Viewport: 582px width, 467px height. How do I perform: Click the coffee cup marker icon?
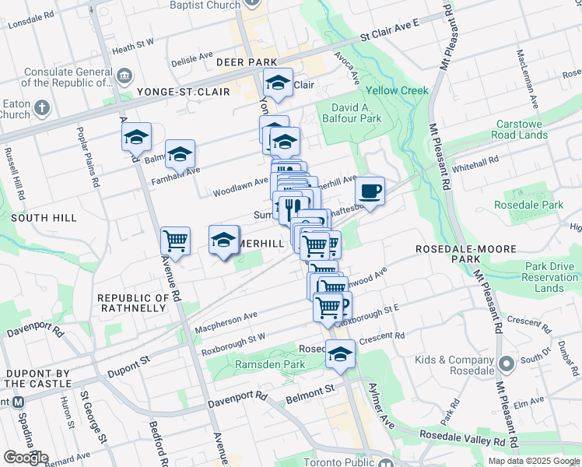(x=370, y=191)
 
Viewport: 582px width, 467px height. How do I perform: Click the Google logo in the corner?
(x=26, y=458)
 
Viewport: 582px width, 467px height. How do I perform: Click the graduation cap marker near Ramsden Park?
(x=340, y=354)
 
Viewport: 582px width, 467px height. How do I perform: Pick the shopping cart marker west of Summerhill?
(x=175, y=241)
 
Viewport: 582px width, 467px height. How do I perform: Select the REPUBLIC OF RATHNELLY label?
(x=131, y=303)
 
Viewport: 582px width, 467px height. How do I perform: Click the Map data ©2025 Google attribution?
(x=533, y=461)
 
